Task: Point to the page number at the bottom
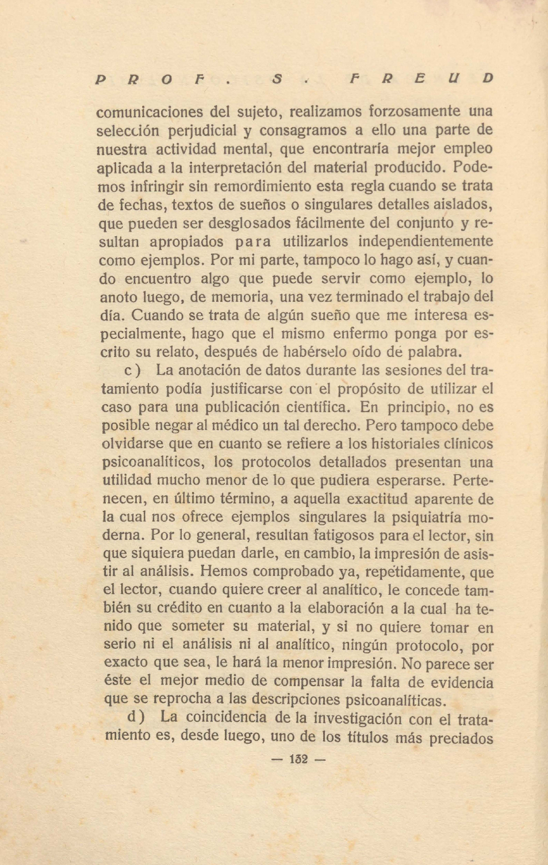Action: point(298,759)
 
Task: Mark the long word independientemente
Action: point(425,241)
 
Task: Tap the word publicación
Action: point(270,407)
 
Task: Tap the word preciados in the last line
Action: point(461,738)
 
